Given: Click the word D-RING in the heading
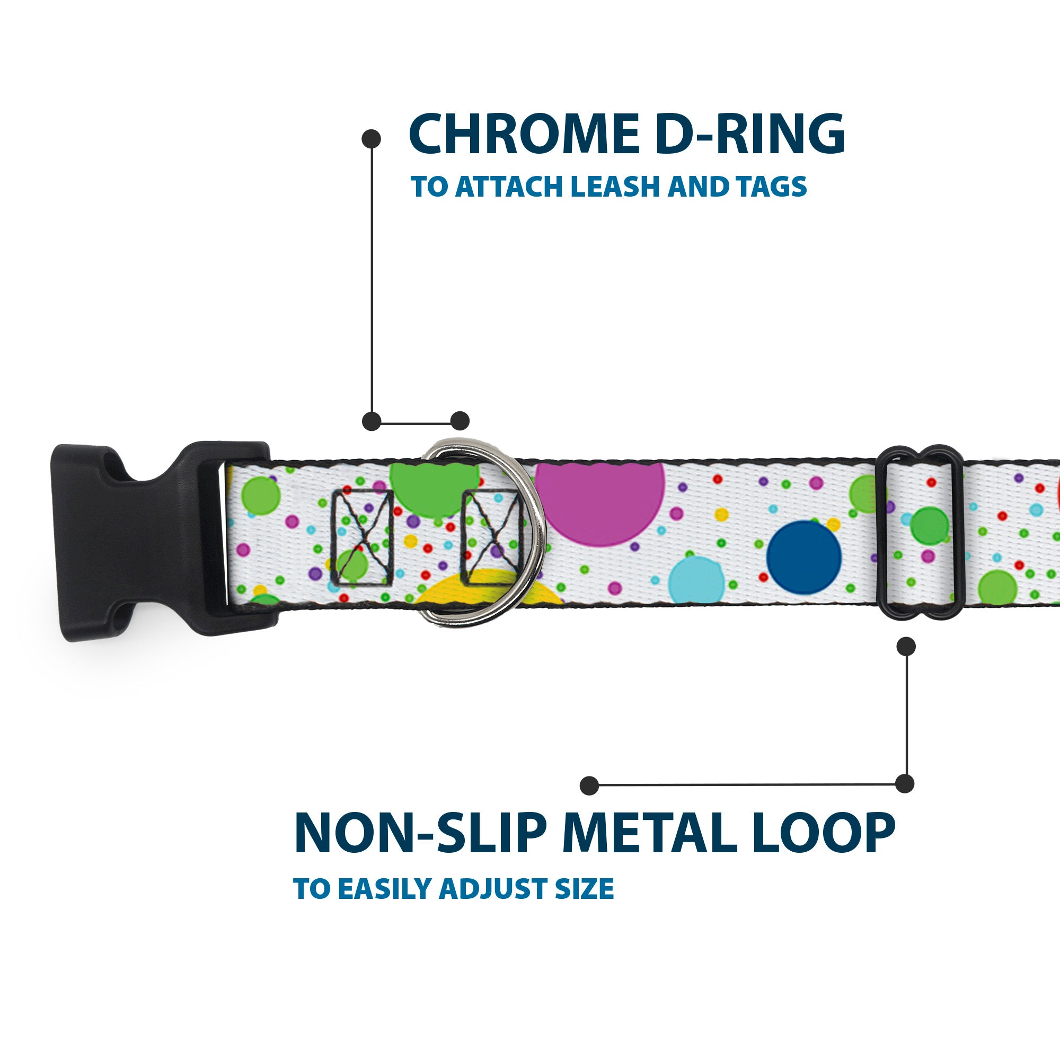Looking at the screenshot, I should coord(749,135).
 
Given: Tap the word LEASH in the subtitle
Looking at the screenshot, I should coord(615,187).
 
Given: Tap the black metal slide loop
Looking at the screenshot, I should coord(922,532).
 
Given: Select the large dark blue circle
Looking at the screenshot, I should coord(803,558).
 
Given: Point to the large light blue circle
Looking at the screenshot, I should coord(697,581).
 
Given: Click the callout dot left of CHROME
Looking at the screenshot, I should coord(372,139).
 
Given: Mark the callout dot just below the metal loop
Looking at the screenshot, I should coord(906,646).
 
